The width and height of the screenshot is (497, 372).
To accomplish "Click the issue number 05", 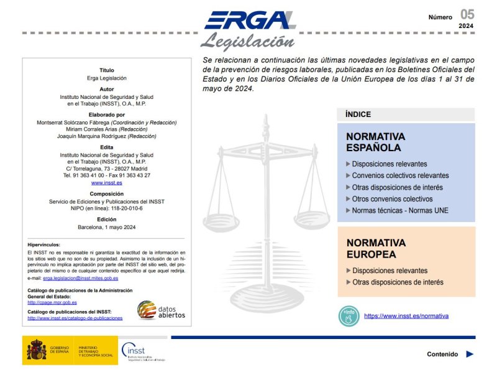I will pyautogui.click(x=467, y=14).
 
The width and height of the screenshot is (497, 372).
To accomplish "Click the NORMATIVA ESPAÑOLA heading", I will pyautogui.click(x=375, y=142).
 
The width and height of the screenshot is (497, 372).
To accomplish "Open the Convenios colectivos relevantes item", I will pyautogui.click(x=400, y=175).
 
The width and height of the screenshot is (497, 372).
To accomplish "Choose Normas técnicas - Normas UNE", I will pyautogui.click(x=399, y=210).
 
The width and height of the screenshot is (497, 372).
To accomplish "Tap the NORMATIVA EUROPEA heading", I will pyautogui.click(x=376, y=248).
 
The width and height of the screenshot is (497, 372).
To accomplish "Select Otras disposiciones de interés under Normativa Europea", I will pyautogui.click(x=398, y=282).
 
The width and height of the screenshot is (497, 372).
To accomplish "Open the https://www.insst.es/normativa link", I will pyautogui.click(x=406, y=316).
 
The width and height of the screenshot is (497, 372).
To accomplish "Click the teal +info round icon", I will pyautogui.click(x=349, y=316).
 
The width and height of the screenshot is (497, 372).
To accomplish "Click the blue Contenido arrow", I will pyautogui.click(x=470, y=354).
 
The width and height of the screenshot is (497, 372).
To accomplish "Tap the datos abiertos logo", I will pyautogui.click(x=161, y=310).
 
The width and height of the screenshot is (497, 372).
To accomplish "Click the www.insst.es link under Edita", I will pyautogui.click(x=107, y=183).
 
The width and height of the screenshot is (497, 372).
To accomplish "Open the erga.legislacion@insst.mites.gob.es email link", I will pyautogui.click(x=80, y=278).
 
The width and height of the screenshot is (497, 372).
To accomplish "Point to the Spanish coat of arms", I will pyautogui.click(x=36, y=351).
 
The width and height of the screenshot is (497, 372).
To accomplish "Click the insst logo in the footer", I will pyautogui.click(x=143, y=351).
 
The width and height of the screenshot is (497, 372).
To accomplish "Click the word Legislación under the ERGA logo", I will pyautogui.click(x=247, y=42).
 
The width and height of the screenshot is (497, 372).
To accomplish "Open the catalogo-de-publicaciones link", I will pyautogui.click(x=75, y=318).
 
